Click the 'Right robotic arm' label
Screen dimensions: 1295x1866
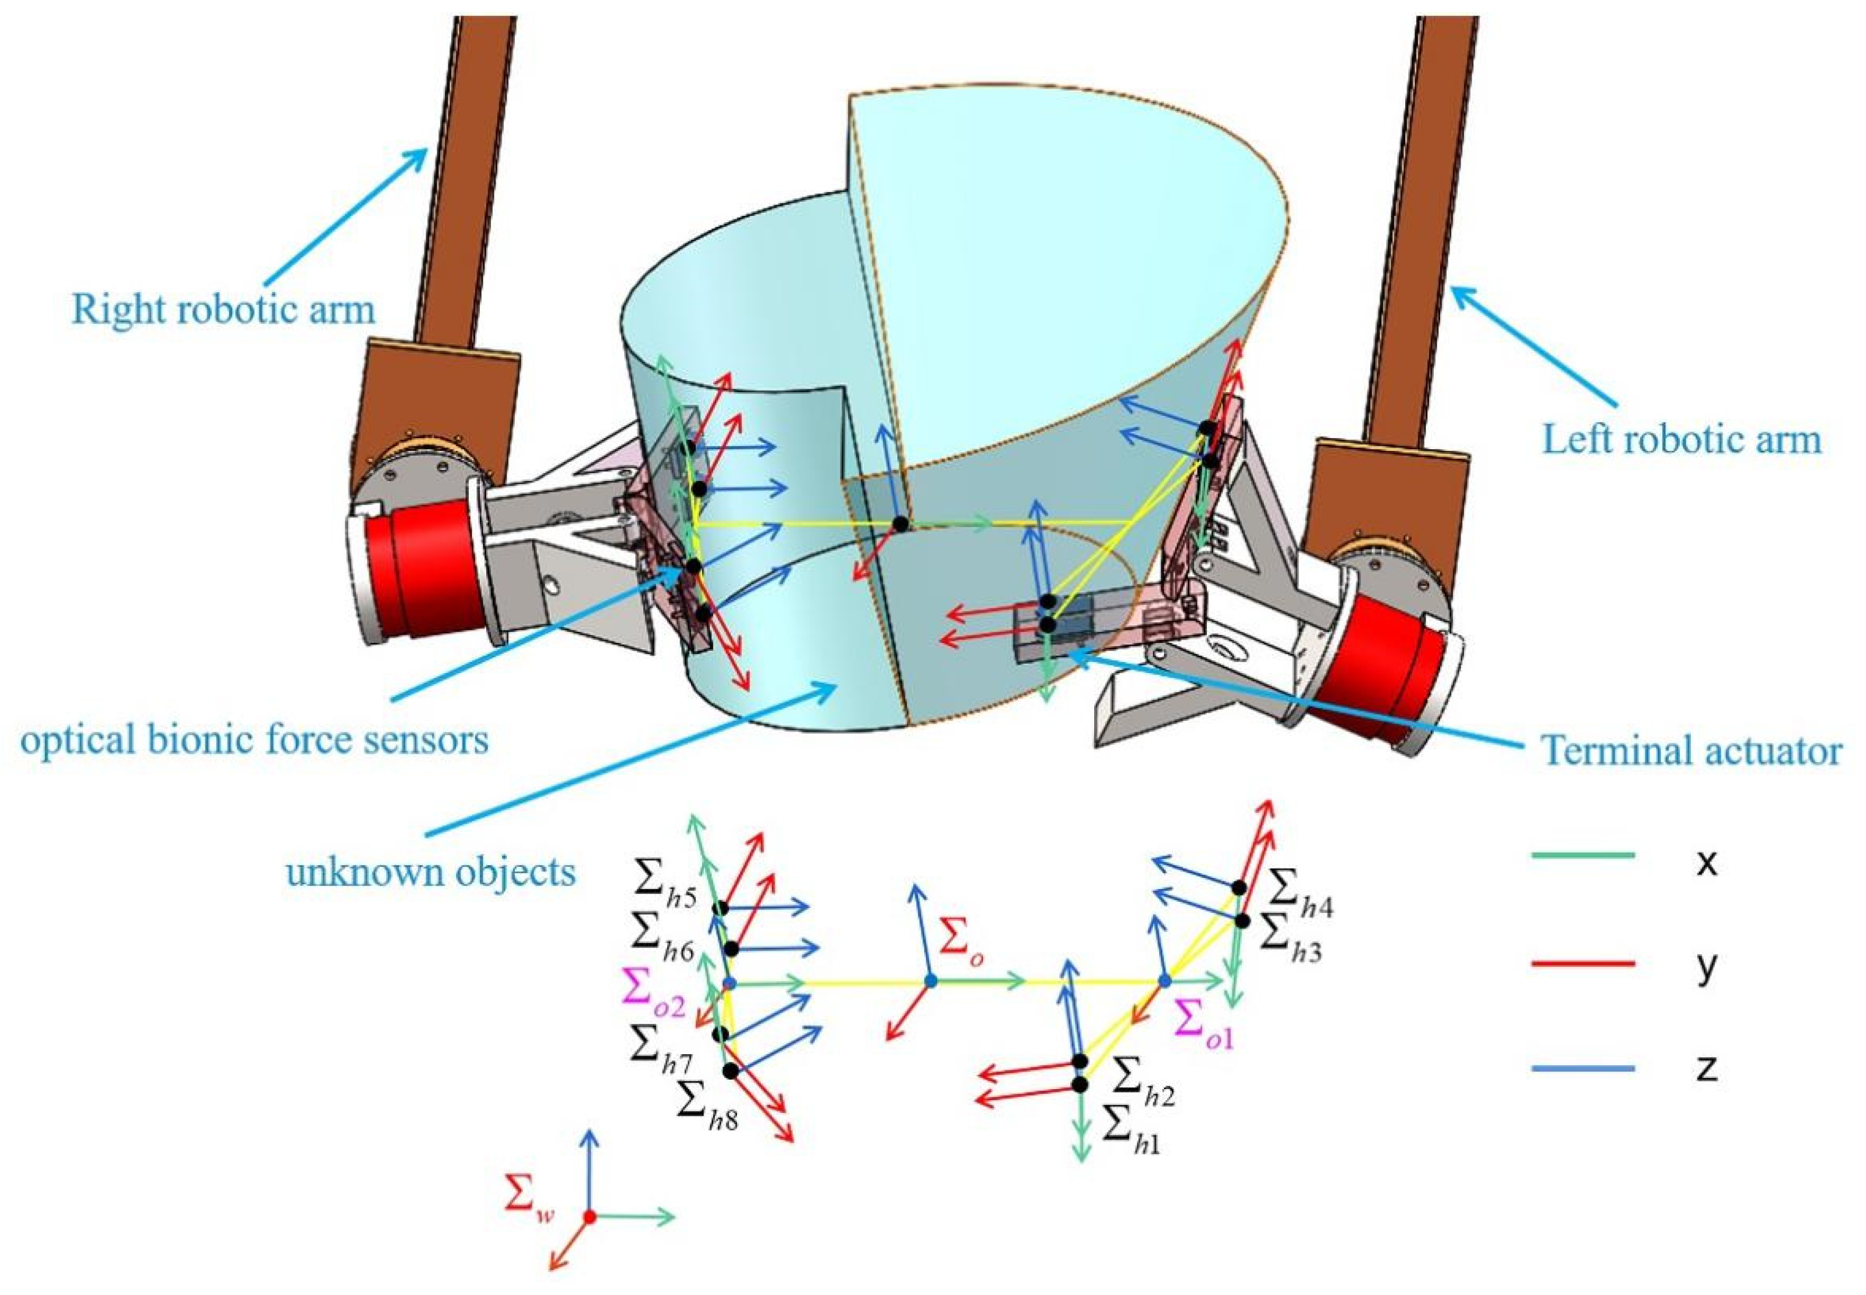tap(223, 309)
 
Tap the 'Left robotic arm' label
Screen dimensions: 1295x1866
tap(1681, 439)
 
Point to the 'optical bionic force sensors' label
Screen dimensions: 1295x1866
tap(255, 739)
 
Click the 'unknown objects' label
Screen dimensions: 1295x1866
tap(431, 871)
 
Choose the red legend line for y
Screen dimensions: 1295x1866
tap(1582, 963)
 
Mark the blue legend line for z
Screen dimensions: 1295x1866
tap(1582, 1069)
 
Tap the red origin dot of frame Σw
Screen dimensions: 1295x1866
tap(590, 1217)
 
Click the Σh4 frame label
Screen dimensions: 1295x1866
tap(1299, 890)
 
